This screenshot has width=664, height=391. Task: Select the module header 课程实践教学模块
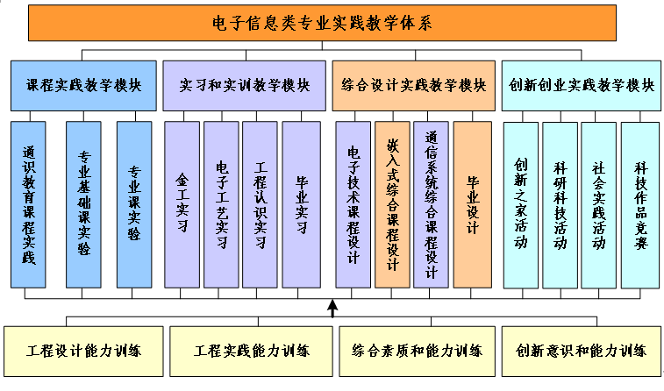[83, 86]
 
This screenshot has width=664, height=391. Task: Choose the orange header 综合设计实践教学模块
[413, 86]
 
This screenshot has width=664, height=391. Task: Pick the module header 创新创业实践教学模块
[582, 86]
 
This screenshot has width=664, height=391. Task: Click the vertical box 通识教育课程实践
[30, 204]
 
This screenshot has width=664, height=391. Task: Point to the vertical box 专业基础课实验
[83, 204]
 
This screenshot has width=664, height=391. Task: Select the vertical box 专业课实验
[134, 204]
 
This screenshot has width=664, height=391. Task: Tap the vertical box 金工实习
[182, 204]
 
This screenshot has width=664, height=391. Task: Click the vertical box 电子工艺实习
[221, 204]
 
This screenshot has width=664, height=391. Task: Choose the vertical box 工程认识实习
[261, 204]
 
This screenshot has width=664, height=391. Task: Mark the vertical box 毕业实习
[301, 204]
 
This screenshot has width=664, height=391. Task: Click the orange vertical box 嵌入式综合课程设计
[392, 204]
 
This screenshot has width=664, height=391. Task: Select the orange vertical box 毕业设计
[472, 204]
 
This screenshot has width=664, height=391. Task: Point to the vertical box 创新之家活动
[520, 204]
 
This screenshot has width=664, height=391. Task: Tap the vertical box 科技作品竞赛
[640, 204]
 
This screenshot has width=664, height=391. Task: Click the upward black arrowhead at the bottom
[332, 308]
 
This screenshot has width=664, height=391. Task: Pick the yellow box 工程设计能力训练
[83, 351]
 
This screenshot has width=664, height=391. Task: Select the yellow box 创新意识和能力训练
[582, 351]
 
